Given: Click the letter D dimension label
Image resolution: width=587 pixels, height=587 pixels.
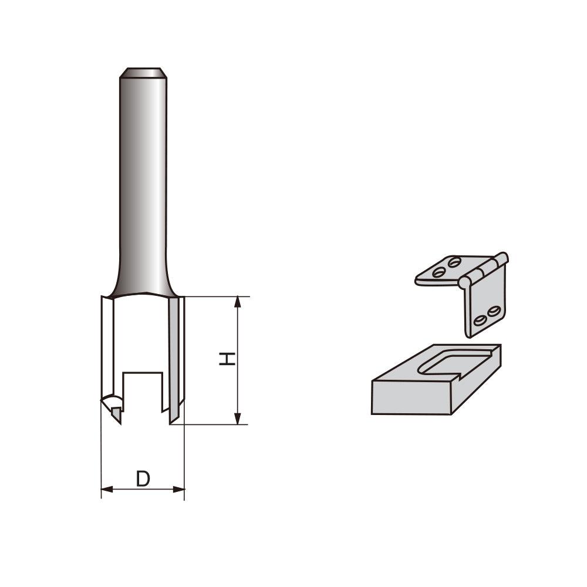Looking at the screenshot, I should tap(143, 478).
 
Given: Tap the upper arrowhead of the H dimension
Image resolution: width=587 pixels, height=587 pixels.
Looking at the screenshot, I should tap(238, 302).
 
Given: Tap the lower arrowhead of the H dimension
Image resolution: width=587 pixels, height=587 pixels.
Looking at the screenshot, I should tap(238, 418).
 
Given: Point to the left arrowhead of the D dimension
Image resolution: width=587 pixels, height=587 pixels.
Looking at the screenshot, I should tap(106, 488).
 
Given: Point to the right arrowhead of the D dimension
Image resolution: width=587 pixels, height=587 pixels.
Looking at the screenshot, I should tap(180, 488).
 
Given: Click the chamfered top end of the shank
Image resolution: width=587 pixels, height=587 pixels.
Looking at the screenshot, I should tap(142, 73).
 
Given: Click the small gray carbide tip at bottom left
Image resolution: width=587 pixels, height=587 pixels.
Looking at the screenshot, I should tap(117, 413).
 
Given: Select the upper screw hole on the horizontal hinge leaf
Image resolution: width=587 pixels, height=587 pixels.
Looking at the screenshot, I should tap(453, 262).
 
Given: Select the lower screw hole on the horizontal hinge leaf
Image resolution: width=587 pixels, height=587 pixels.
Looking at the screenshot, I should tap(438, 272).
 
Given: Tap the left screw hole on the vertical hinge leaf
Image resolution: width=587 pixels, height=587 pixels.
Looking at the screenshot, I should tap(480, 320).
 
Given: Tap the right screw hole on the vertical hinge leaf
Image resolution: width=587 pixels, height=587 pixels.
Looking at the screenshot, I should tap(494, 310).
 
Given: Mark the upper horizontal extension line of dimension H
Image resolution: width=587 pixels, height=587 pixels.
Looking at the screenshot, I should tap(211, 296).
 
